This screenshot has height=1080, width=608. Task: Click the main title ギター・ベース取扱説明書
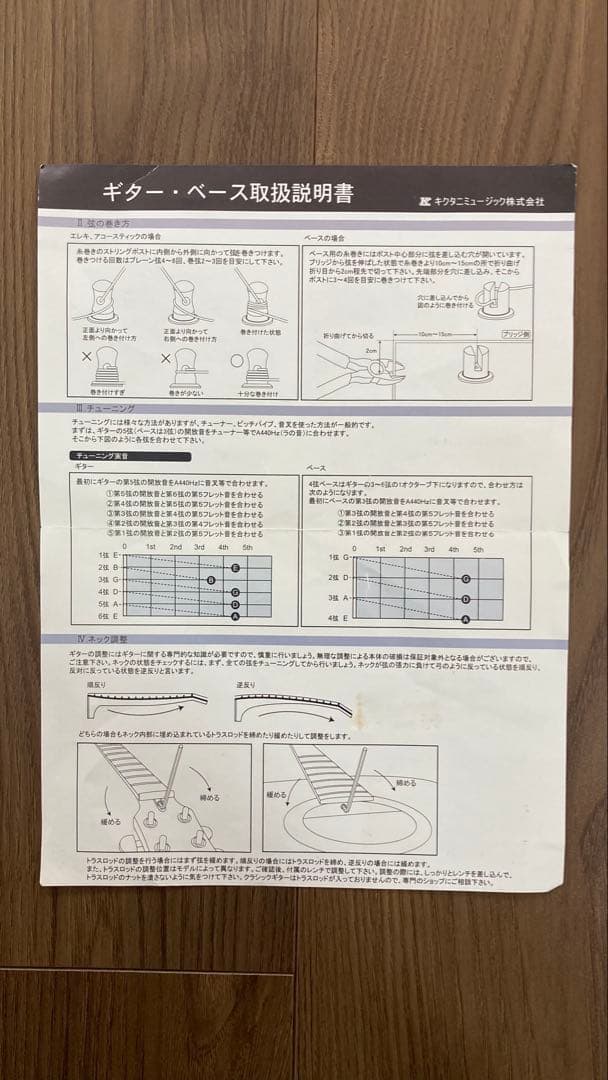click(227, 193)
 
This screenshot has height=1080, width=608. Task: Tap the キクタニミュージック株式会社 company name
click(483, 200)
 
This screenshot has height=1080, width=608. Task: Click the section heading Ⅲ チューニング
click(93, 410)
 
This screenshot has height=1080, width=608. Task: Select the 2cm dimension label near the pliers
click(370, 351)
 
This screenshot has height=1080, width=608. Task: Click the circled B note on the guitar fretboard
click(210, 580)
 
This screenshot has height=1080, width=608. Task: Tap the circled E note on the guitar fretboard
click(235, 567)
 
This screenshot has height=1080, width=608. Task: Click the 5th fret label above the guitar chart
click(247, 547)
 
